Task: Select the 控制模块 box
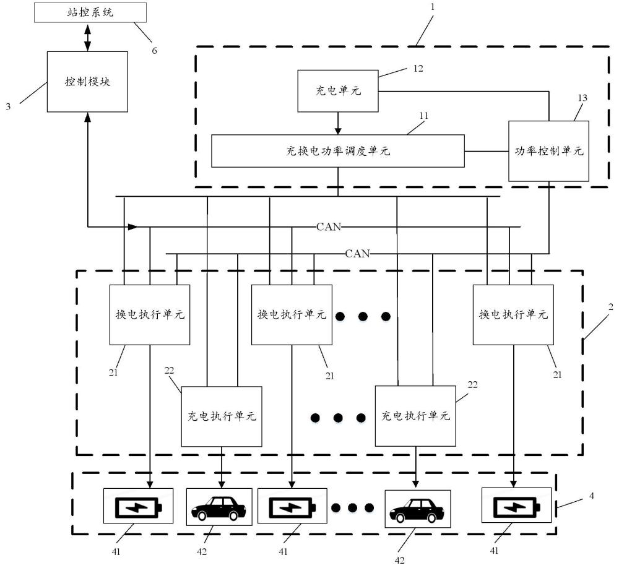tap(87, 82)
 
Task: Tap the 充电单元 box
tap(338, 91)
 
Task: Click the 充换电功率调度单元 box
tap(337, 151)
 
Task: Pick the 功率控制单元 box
tap(548, 151)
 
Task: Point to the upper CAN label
tap(328, 226)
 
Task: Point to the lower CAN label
tap(357, 253)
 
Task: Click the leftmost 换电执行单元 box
tap(150, 314)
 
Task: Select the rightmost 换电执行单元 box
tap(513, 314)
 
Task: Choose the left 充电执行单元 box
tap(222, 416)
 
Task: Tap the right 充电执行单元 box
tap(415, 416)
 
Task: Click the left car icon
tap(219, 507)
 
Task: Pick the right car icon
tap(417, 509)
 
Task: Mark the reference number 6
tap(155, 50)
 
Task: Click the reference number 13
tap(582, 98)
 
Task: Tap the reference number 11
tap(423, 116)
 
